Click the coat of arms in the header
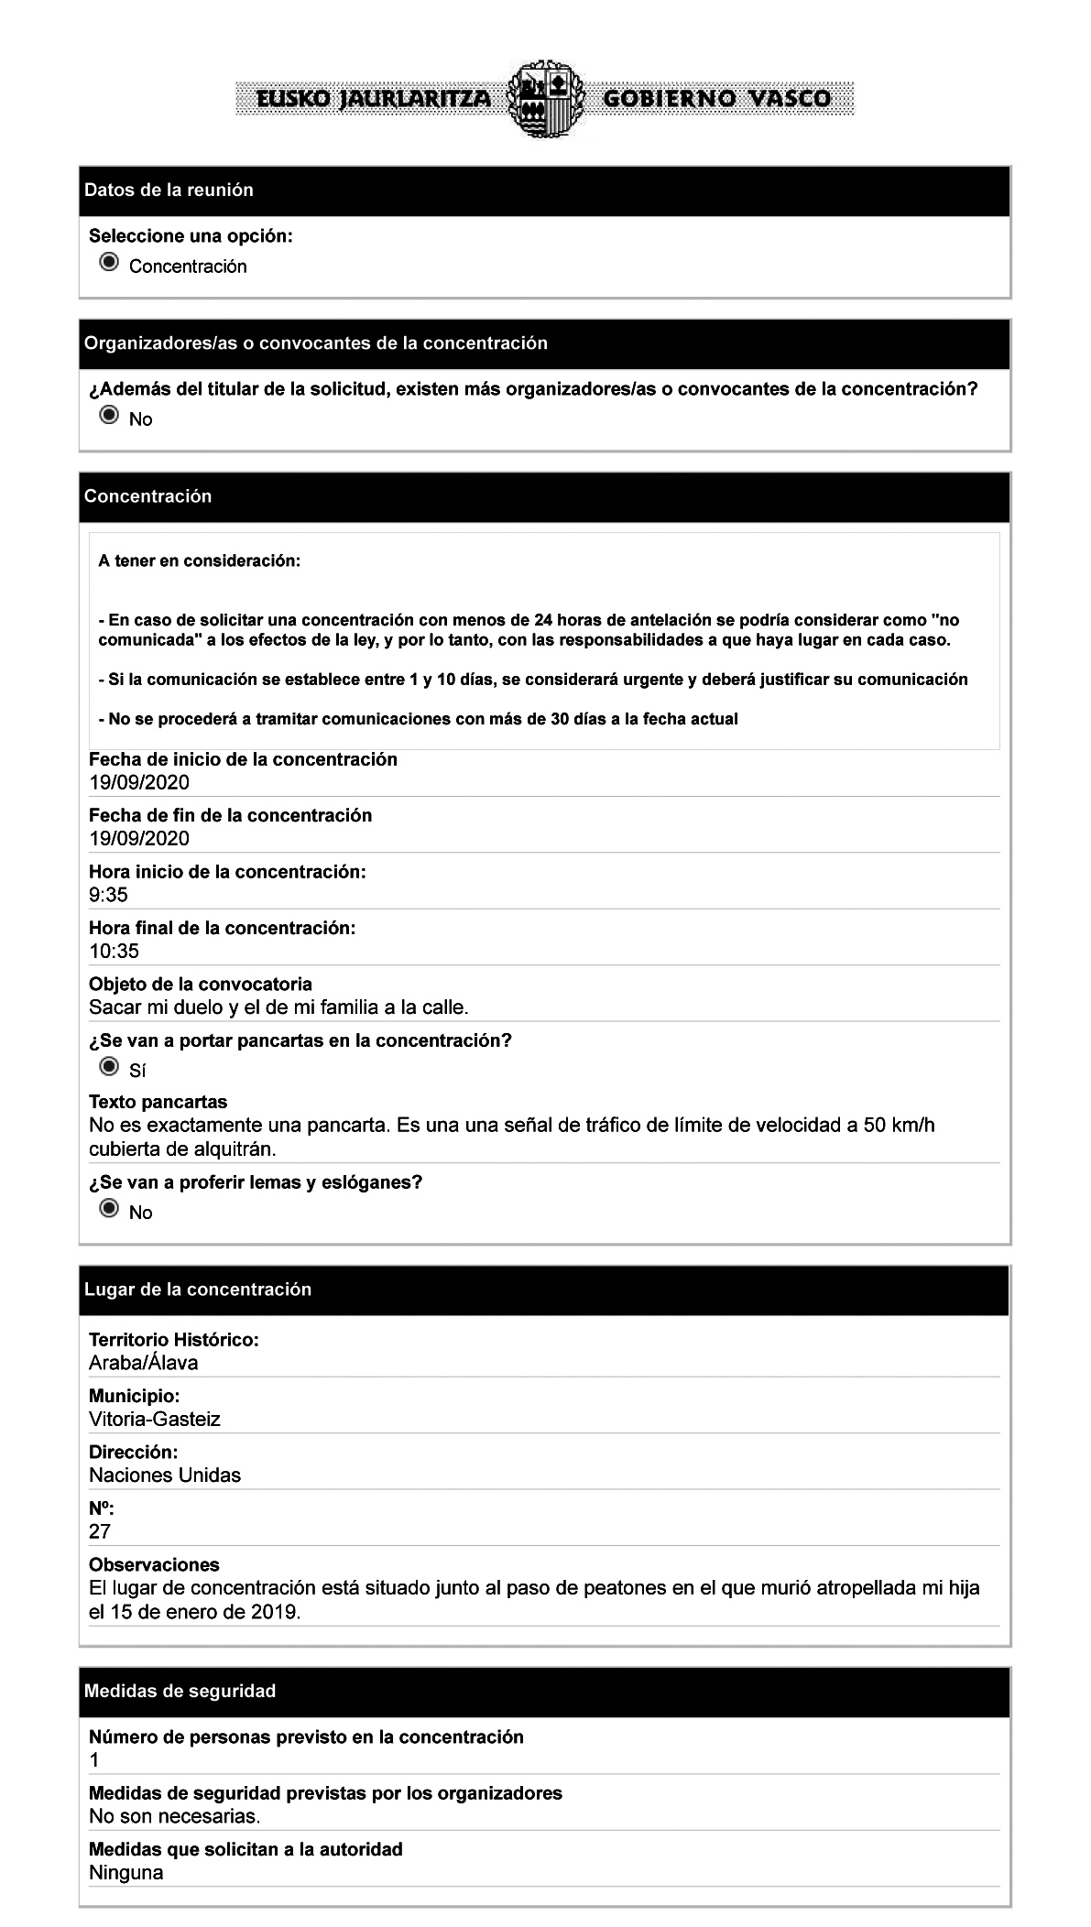click(544, 99)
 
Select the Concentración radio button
click(109, 264)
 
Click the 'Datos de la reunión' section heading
click(169, 191)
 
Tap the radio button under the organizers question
click(109, 417)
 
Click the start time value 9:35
click(108, 895)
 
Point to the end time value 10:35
click(114, 951)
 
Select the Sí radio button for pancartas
click(109, 1068)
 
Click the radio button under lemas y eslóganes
click(109, 1210)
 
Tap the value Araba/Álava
click(143, 1363)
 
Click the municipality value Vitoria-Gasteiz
click(154, 1419)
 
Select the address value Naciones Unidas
click(165, 1475)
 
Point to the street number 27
click(99, 1531)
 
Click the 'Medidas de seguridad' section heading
click(180, 1691)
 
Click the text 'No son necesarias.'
click(174, 1815)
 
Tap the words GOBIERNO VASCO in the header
click(717, 99)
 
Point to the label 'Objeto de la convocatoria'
click(200, 984)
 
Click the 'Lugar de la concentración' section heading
click(198, 1290)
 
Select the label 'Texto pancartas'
click(158, 1102)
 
